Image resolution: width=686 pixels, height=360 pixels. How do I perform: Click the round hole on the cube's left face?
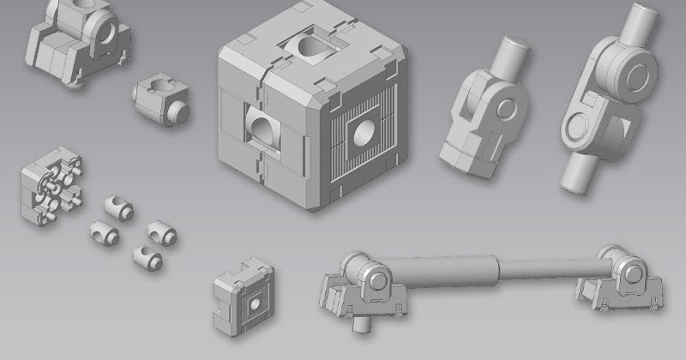(262, 131)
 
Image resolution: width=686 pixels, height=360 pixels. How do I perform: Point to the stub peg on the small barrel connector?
(179, 112)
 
